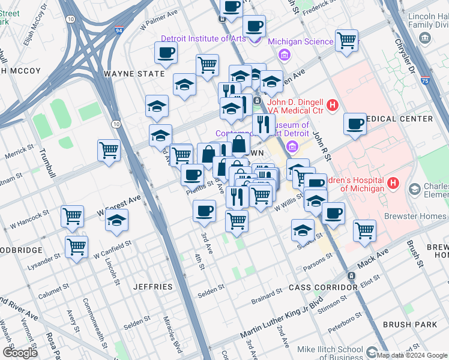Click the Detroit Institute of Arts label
(203, 39)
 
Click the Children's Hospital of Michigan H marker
(393, 184)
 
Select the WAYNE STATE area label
(134, 74)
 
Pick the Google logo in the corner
(20, 353)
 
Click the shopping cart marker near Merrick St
(109, 150)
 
